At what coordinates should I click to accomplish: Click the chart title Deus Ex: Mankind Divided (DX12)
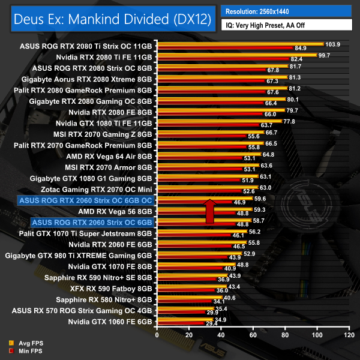click(x=111, y=19)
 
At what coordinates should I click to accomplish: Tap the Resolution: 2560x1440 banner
click(x=260, y=11)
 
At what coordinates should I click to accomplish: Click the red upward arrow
click(x=210, y=211)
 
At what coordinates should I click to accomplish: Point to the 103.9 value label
click(x=332, y=44)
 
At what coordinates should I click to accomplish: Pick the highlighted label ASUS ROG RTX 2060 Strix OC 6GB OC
click(x=86, y=200)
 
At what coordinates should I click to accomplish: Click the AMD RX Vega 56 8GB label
click(x=115, y=212)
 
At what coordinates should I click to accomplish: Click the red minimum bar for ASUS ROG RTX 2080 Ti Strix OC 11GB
click(x=224, y=48)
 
